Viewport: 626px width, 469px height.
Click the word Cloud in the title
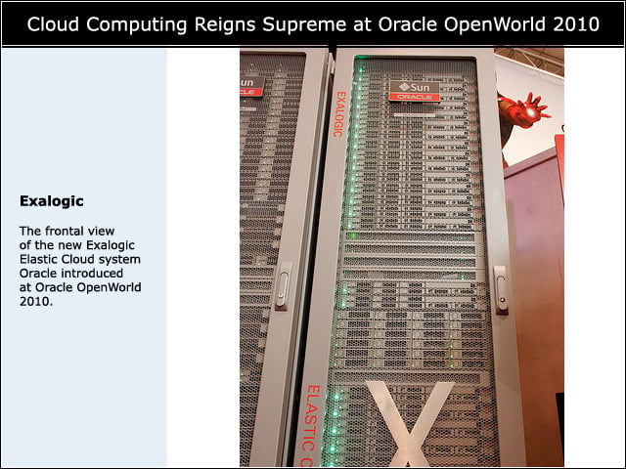point(53,24)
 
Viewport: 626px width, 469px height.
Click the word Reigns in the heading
point(225,25)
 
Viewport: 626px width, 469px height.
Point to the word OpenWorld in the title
point(495,25)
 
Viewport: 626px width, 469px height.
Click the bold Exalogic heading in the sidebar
point(52,201)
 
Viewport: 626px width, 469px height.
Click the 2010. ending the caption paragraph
point(36,302)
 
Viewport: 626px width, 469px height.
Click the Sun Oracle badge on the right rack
point(415,91)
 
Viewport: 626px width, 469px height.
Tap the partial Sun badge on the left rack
point(251,87)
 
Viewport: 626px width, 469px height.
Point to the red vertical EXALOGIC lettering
point(339,114)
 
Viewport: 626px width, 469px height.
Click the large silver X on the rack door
point(410,423)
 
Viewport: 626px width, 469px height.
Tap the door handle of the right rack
point(501,289)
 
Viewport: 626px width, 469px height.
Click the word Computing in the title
point(137,25)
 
